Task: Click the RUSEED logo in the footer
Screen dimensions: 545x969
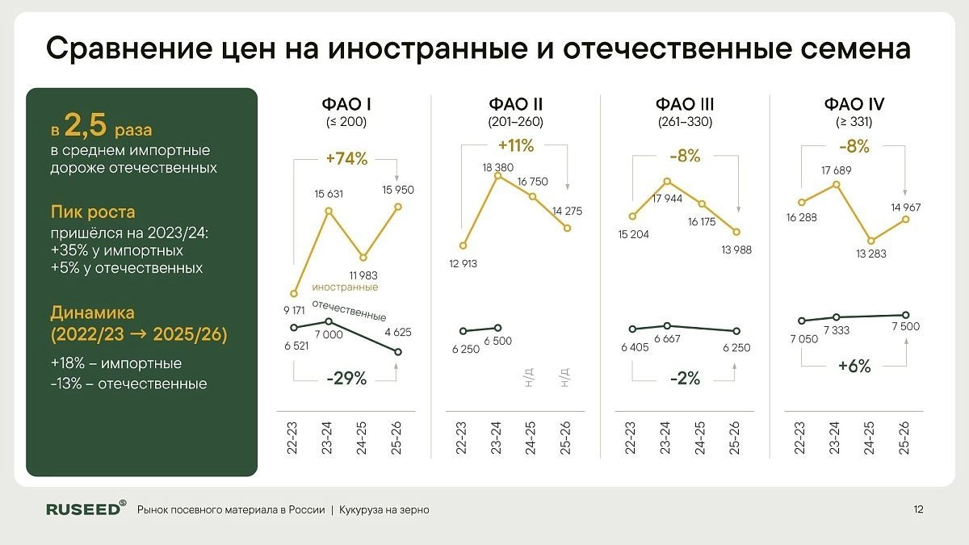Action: tap(86, 509)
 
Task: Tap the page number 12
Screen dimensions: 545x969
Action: tap(918, 509)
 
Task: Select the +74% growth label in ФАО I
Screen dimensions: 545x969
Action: tap(345, 159)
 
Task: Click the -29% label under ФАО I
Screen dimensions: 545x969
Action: tap(346, 378)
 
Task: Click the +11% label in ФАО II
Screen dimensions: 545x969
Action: tap(516, 146)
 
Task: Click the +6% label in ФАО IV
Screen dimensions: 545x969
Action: tap(854, 366)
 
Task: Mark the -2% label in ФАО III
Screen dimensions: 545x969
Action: tap(684, 377)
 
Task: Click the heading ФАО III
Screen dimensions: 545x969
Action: tap(685, 104)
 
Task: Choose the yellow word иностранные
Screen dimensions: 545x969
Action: tap(346, 287)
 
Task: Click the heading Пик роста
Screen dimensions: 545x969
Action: tap(93, 212)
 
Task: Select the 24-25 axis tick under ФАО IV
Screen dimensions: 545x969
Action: tap(870, 439)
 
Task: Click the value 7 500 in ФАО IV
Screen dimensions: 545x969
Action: tap(905, 327)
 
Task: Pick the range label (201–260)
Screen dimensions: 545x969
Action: tap(515, 122)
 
